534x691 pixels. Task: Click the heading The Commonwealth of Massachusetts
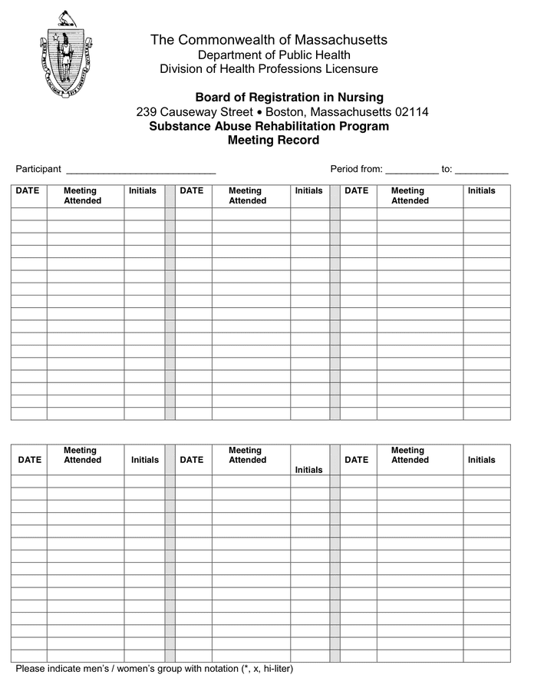[269, 39]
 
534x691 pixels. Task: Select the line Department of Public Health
[274, 55]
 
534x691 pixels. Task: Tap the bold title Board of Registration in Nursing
[289, 98]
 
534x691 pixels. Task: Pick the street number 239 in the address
[147, 112]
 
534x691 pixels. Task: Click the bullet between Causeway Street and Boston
[259, 112]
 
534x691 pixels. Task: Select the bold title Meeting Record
[273, 141]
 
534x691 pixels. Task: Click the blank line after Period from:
[411, 170]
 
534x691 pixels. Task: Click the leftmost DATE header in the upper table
[28, 191]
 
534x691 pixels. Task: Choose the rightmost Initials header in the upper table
[481, 191]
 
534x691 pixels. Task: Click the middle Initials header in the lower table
[308, 470]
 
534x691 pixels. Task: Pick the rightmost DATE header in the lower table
[357, 460]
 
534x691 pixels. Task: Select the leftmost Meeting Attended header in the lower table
[82, 455]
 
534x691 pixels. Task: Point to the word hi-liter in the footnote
[276, 669]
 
